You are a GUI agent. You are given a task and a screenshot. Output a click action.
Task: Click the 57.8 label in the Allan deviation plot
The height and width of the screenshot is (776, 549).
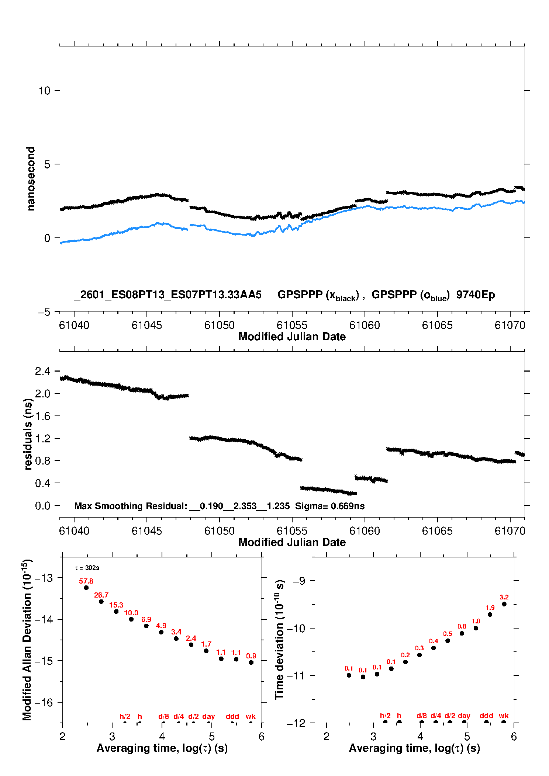tap(86, 581)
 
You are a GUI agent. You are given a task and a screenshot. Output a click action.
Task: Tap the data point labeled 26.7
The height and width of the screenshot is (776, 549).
tap(101, 602)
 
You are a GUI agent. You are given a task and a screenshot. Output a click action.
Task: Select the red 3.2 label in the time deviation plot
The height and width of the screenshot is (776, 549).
tap(504, 597)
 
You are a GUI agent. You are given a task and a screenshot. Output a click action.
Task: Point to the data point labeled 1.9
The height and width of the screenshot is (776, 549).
tap(490, 615)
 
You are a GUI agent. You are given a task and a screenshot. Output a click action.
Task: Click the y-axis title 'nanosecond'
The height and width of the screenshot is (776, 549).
tap(31, 179)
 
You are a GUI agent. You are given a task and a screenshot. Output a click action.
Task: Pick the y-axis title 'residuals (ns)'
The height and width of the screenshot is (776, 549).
tap(28, 434)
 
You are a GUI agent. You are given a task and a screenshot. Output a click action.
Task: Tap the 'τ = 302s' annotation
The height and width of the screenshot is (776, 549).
tap(87, 568)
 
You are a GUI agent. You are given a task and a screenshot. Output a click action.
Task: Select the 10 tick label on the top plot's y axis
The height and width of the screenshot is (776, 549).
tap(44, 91)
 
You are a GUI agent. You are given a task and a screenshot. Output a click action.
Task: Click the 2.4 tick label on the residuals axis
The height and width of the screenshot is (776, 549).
tap(42, 371)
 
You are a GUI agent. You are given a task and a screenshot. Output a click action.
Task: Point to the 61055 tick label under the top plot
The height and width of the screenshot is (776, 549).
tap(292, 325)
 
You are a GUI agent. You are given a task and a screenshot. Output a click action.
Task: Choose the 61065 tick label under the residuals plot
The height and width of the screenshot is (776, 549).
tap(437, 531)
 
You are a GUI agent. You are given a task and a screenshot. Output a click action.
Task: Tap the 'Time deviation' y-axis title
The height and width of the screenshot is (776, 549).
tap(279, 640)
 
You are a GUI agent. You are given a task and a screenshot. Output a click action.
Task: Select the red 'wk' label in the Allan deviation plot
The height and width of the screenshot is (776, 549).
tap(251, 716)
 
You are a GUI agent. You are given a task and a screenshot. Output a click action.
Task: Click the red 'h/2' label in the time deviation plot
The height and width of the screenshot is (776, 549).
tap(385, 716)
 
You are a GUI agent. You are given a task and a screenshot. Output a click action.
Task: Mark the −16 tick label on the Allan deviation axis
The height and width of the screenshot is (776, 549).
tap(44, 703)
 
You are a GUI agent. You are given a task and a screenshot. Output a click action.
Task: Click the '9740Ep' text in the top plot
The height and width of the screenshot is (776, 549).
tap(476, 295)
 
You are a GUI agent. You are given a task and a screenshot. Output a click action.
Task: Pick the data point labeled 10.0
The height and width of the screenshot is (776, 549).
tap(131, 619)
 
